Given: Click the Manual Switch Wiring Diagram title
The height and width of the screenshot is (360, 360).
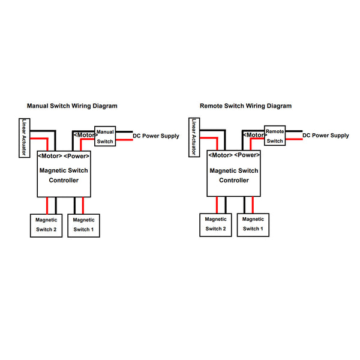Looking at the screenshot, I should tap(72, 106).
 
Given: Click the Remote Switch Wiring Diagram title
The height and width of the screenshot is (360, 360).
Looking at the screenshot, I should tap(245, 106).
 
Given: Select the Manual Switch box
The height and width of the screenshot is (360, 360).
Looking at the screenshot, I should tap(105, 136).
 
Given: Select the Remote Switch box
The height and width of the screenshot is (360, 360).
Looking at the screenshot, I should tap(275, 136).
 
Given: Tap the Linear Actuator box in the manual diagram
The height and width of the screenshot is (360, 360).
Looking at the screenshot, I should tap(25, 137).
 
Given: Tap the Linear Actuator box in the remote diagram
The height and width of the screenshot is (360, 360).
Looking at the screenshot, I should tap(194, 137).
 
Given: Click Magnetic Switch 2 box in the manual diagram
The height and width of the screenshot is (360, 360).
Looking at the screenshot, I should tap(46, 225).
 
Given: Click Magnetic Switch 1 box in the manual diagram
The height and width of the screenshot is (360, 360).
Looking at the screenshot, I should tap(83, 225).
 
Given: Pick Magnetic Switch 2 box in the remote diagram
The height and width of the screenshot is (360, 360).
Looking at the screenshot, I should tap(216, 225).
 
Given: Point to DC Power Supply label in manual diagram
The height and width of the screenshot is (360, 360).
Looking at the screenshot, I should tap(155, 136).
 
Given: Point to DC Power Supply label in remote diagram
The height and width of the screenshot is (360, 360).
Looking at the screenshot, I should tap(325, 136).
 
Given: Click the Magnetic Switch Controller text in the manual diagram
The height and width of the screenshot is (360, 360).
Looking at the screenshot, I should tap(64, 175).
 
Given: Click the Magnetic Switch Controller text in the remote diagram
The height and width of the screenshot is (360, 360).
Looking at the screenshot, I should tap(234, 175).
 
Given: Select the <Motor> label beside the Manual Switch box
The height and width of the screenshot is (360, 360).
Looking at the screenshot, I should tap(83, 136).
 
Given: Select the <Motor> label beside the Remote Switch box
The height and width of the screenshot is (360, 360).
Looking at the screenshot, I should tap(253, 136).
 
